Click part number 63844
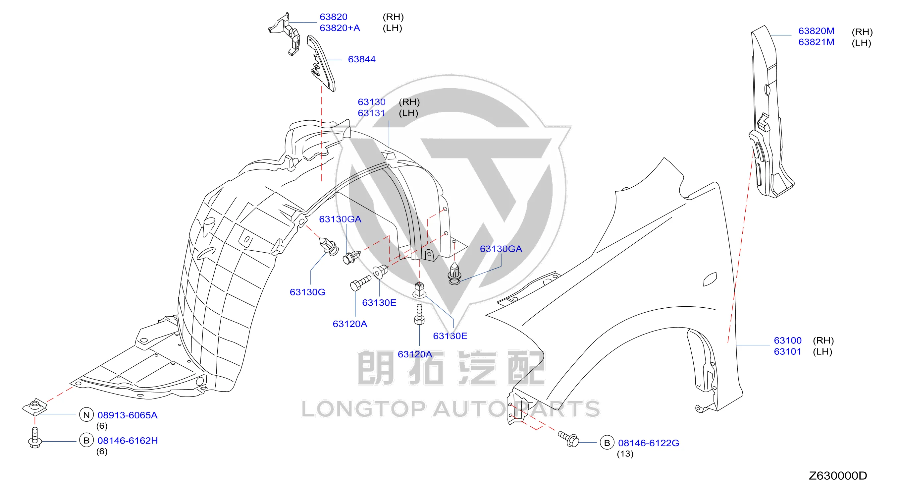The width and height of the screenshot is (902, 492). click(361, 59)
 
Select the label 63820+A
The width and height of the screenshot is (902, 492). click(340, 28)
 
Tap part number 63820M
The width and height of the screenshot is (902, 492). click(816, 31)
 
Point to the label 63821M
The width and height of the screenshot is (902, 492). click(816, 42)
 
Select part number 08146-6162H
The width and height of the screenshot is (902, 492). click(128, 441)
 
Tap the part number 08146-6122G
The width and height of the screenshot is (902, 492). click(649, 443)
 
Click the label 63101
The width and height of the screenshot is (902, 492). click(787, 351)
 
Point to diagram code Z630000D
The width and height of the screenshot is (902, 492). click(838, 475)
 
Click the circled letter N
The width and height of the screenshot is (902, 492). click(86, 415)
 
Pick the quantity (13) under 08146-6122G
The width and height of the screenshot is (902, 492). click(625, 454)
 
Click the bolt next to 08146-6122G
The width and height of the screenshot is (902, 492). click(569, 438)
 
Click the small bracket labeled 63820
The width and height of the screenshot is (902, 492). click(286, 34)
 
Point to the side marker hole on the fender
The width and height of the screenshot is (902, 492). click(710, 279)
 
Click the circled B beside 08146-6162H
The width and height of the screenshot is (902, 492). click(86, 441)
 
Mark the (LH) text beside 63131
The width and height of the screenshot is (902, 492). click(408, 113)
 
